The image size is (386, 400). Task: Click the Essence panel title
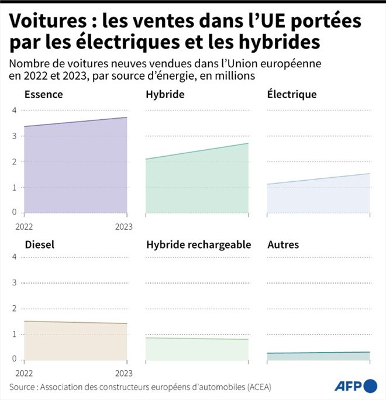pos(44,94)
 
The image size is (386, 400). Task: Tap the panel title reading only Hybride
pos(165,94)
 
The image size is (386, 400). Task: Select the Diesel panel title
pos(40,244)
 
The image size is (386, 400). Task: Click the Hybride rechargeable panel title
pos(198,244)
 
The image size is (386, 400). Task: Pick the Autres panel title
pos(282,244)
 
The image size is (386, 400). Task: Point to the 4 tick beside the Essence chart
pos(14,111)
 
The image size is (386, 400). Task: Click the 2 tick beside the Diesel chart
pos(14,308)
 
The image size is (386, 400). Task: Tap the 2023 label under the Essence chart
pos(123,226)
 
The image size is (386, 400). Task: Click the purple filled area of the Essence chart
pos(75,170)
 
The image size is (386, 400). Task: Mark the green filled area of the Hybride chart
pos(197,184)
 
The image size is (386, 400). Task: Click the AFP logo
pos(356,386)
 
